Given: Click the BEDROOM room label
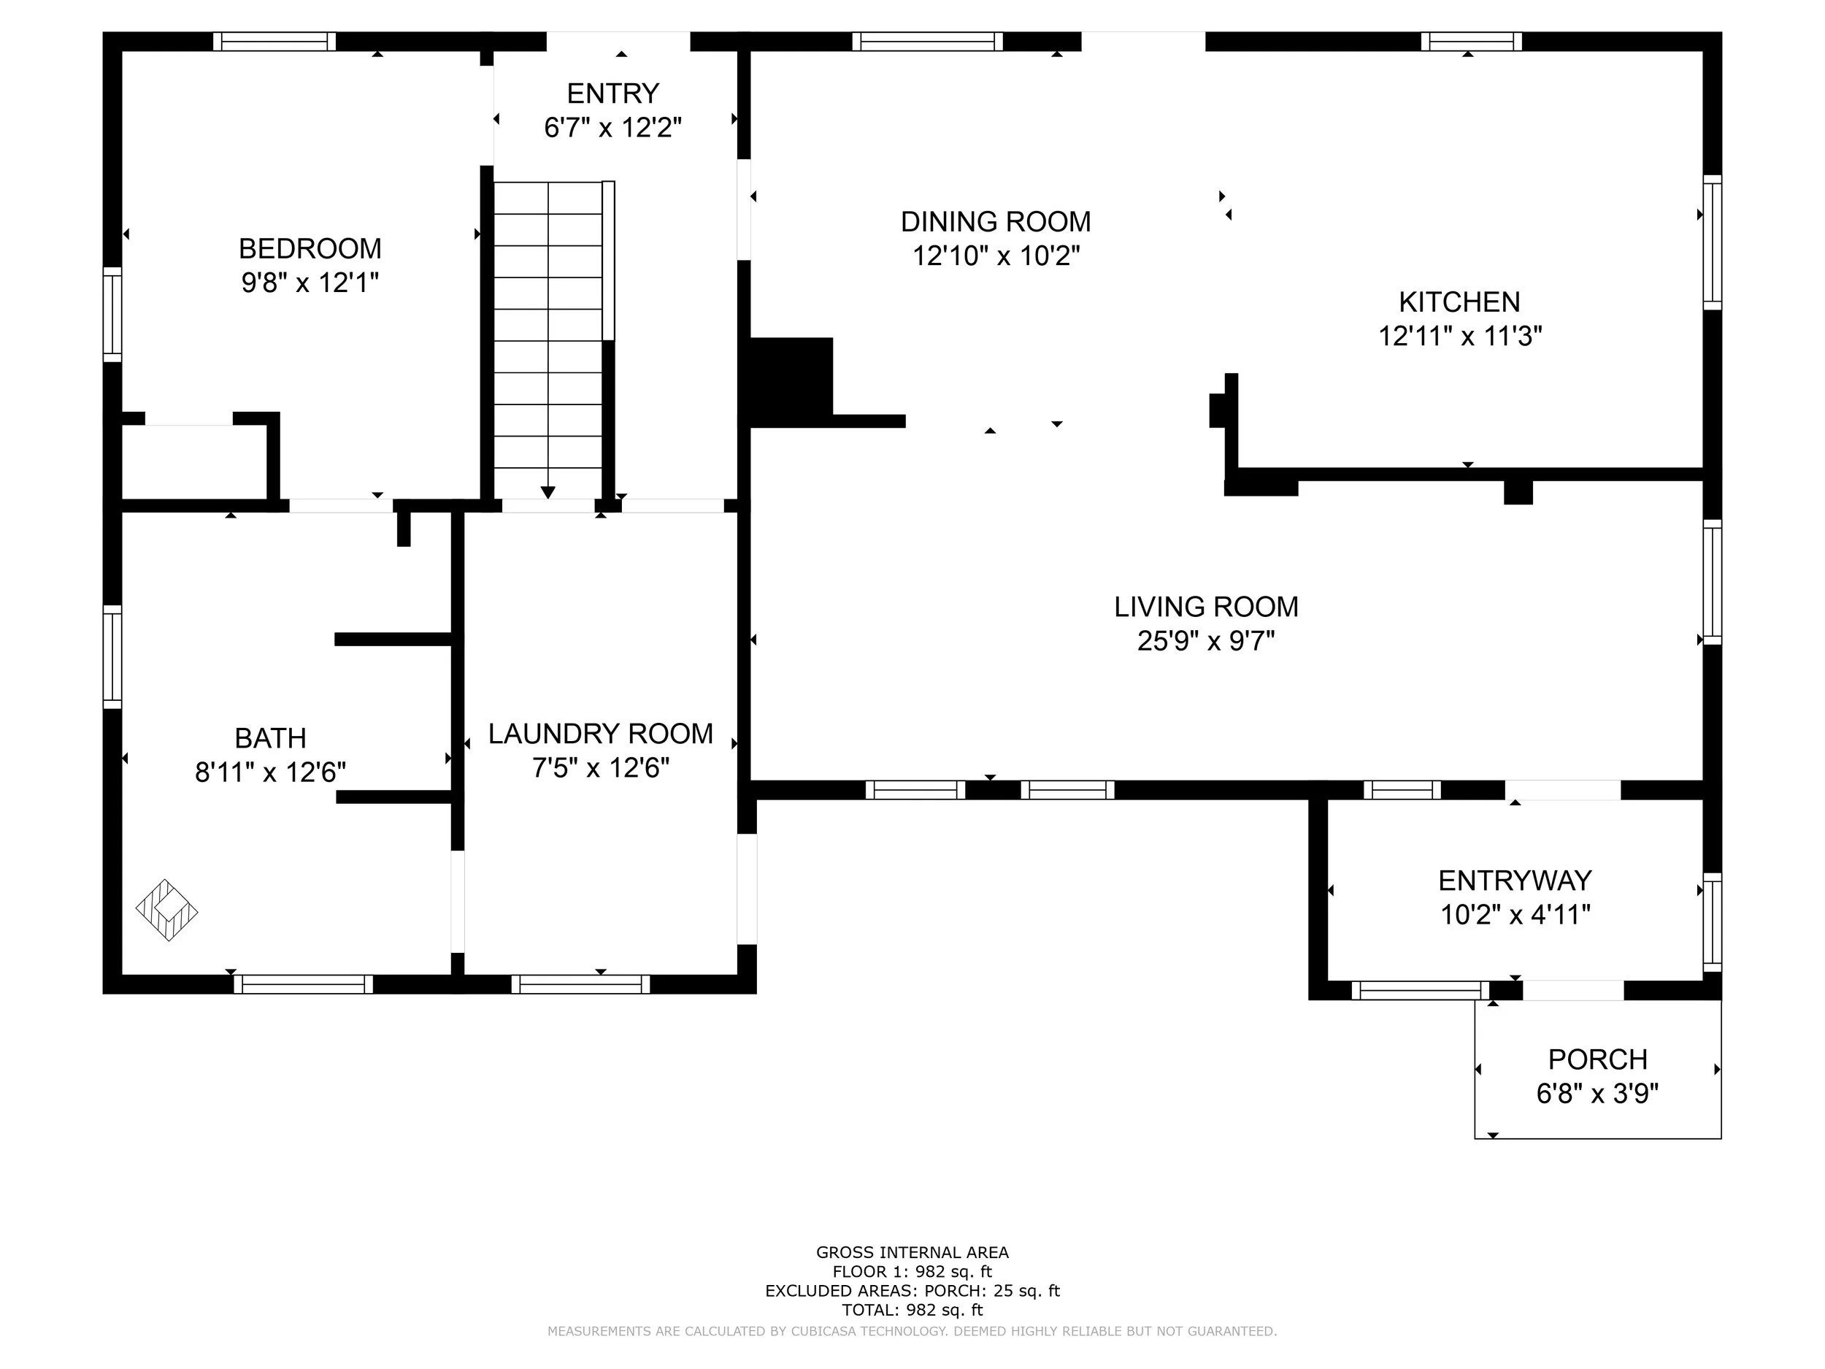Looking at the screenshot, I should point(310,248).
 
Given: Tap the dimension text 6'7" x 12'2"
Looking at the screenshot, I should point(612,128).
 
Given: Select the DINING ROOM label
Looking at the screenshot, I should point(995,222).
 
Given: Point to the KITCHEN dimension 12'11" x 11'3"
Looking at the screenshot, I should point(1459,337).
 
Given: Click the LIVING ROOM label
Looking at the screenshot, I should point(1205,607).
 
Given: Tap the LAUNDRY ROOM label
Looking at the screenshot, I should point(600,734).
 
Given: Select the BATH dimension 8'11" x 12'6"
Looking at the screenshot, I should point(270,772).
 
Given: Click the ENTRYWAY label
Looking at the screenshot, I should point(1514,881).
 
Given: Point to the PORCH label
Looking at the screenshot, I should point(1597,1059).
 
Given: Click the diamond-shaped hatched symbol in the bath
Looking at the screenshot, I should point(166,910).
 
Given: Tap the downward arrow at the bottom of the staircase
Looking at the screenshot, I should point(547,492).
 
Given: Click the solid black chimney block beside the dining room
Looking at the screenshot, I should point(791,381).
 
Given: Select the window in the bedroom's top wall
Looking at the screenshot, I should point(274,42).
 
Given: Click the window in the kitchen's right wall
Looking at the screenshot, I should point(1712,242).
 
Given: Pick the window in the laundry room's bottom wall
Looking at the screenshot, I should point(580,983).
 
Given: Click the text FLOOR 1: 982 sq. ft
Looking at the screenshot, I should point(912,1272).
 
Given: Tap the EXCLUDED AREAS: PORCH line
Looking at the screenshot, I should point(912,1291).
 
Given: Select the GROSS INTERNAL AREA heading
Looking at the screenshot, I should point(912,1253).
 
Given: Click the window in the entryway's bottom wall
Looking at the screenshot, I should point(1419,990).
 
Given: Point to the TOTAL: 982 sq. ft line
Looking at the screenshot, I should point(912,1310).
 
